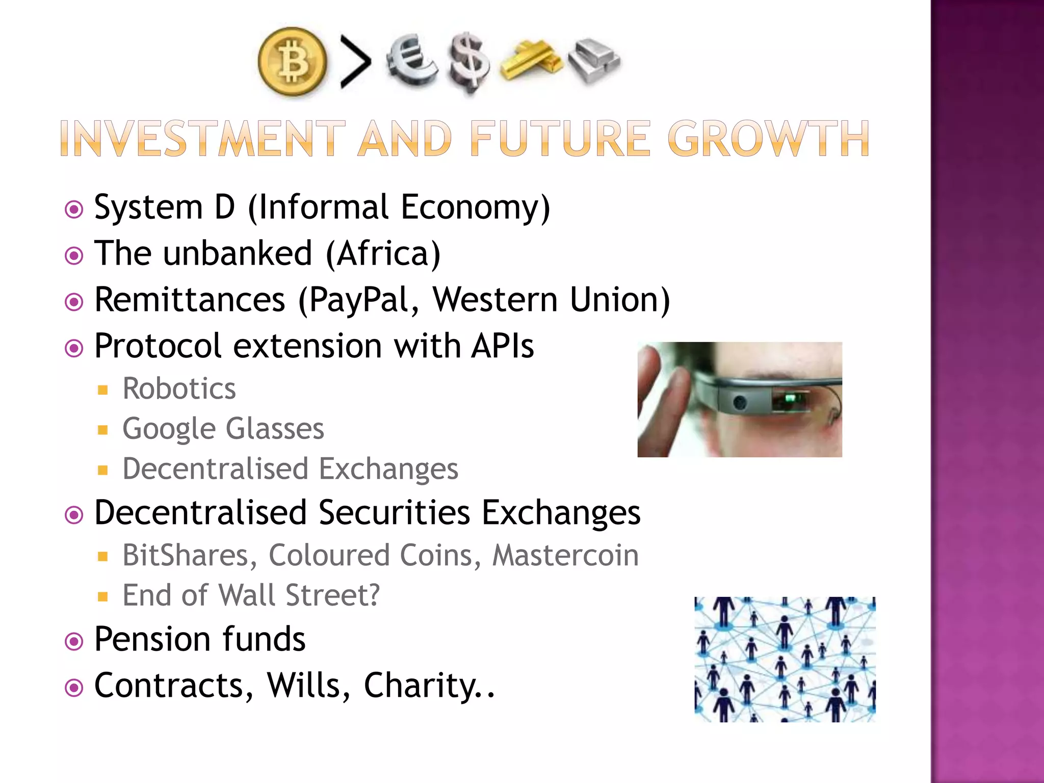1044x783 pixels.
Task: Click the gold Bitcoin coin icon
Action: point(292,62)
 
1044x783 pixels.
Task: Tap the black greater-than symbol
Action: point(355,62)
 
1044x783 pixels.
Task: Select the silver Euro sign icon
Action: point(411,60)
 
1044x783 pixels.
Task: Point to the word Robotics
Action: point(179,389)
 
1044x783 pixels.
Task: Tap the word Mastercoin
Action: point(565,555)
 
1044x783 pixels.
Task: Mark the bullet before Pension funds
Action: point(74,641)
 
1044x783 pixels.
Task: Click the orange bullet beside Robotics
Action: point(103,390)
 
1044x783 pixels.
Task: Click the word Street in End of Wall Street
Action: point(332,595)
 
